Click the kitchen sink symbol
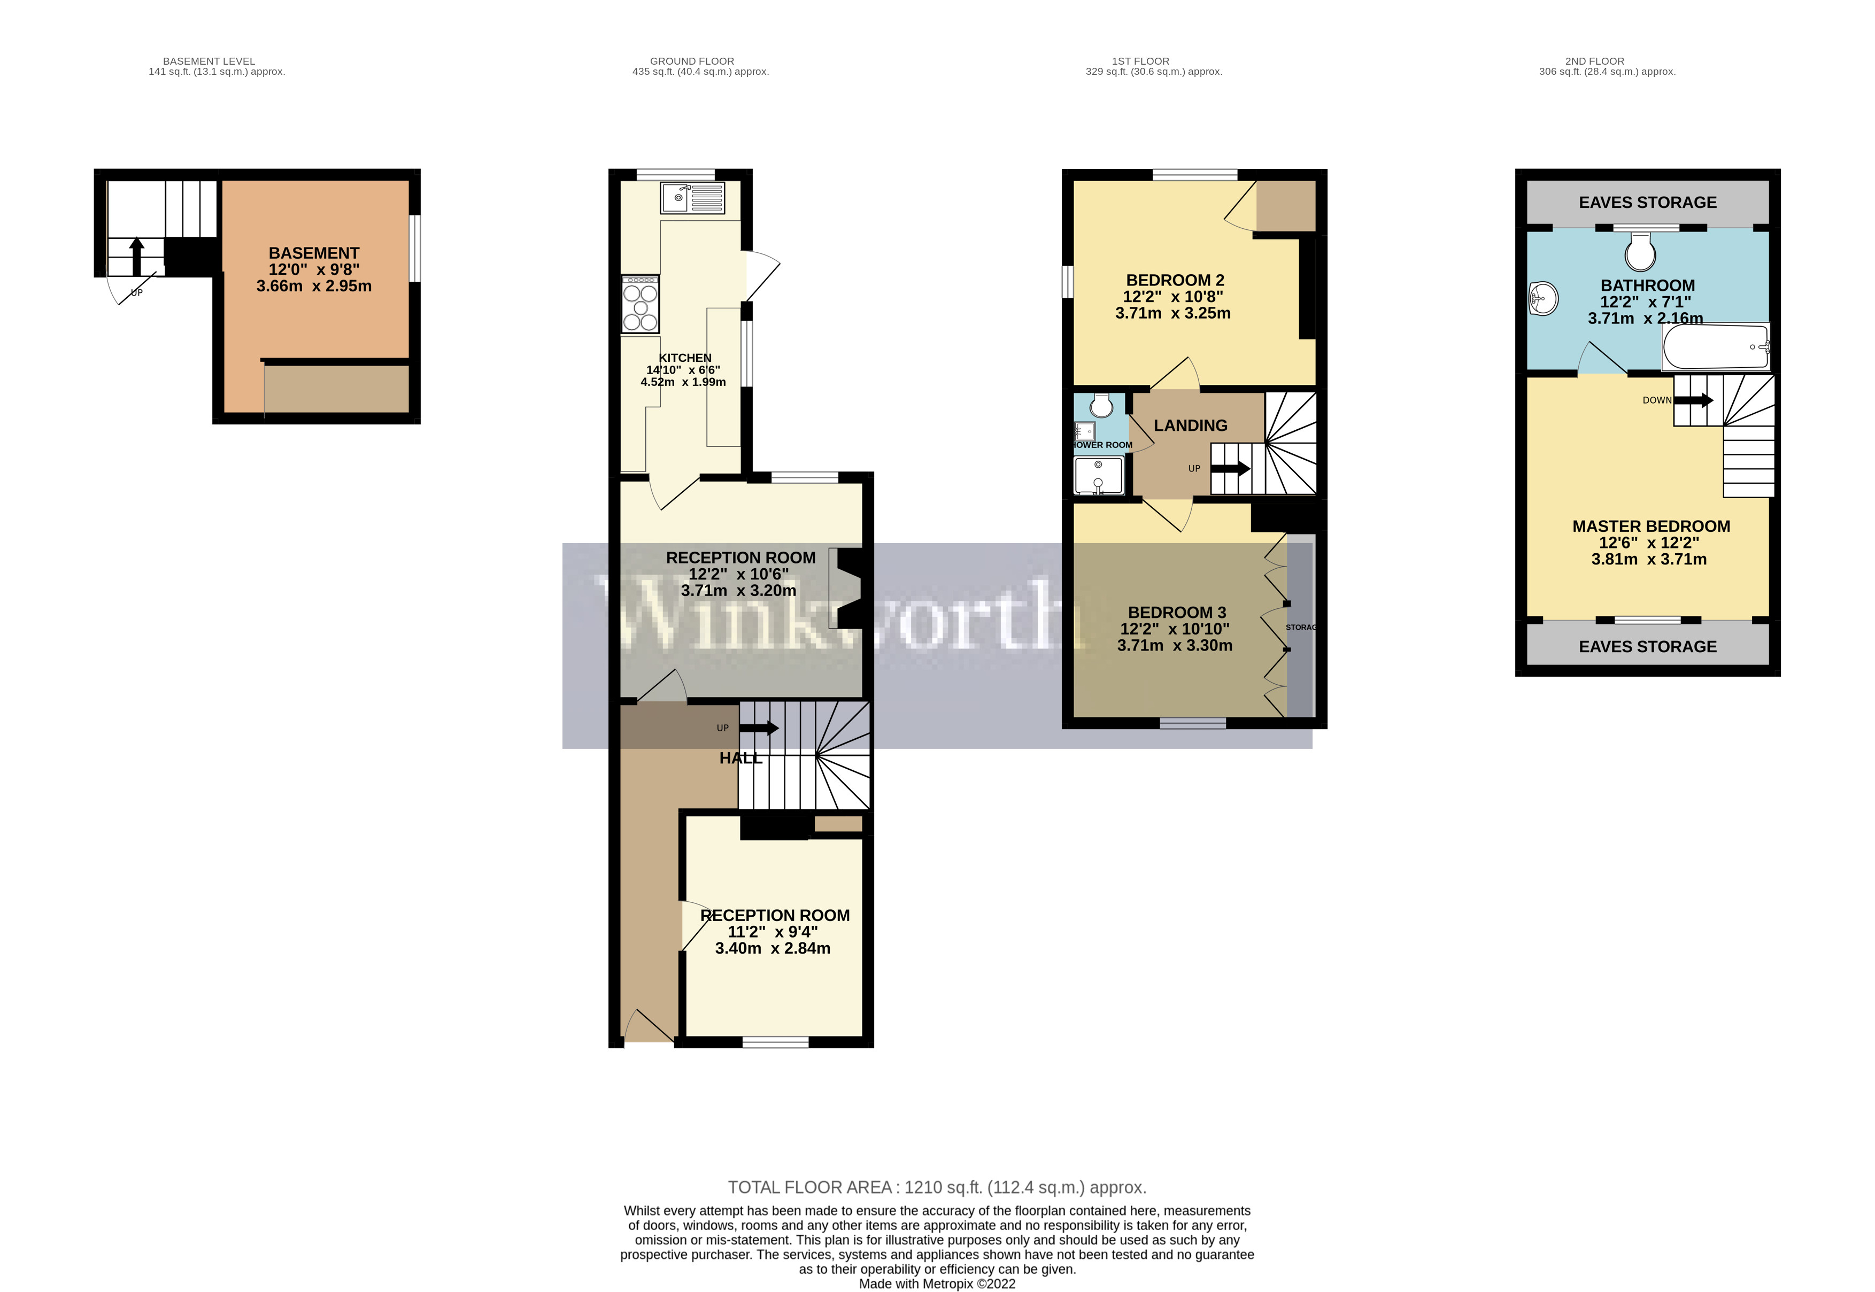click(692, 198)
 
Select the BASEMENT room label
click(314, 253)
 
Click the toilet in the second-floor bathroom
click(1641, 252)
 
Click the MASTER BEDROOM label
click(1651, 526)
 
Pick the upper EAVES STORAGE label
click(1647, 203)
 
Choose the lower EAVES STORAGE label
click(1647, 647)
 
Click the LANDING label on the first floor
click(1190, 426)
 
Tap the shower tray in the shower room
click(1099, 475)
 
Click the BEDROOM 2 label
click(1175, 280)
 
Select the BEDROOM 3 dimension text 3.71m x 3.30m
click(1175, 645)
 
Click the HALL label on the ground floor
click(740, 759)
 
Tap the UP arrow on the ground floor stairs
click(759, 729)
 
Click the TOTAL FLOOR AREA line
click(937, 1188)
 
